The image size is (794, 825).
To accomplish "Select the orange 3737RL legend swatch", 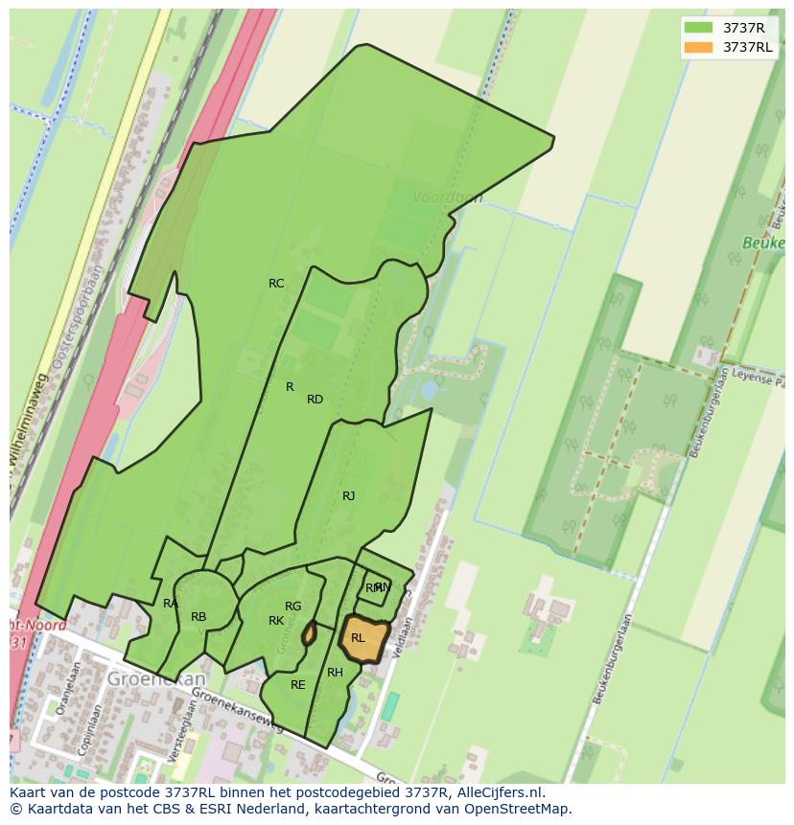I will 698,47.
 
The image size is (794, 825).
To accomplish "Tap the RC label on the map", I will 276,284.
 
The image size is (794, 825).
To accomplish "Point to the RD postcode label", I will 315,400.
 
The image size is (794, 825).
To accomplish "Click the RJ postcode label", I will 348,496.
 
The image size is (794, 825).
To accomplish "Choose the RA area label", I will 170,604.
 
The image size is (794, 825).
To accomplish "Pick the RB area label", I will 198,617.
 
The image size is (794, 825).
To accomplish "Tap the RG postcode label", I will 292,607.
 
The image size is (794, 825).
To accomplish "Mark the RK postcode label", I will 276,621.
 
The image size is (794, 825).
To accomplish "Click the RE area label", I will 297,685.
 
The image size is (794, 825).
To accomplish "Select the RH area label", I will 335,673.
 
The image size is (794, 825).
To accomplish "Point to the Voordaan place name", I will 447,197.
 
